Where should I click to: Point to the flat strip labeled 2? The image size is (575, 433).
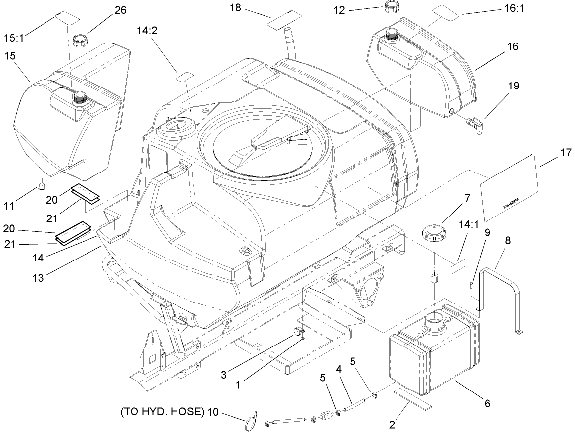pos(412,399)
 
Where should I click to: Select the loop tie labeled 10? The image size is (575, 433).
pos(252,420)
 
